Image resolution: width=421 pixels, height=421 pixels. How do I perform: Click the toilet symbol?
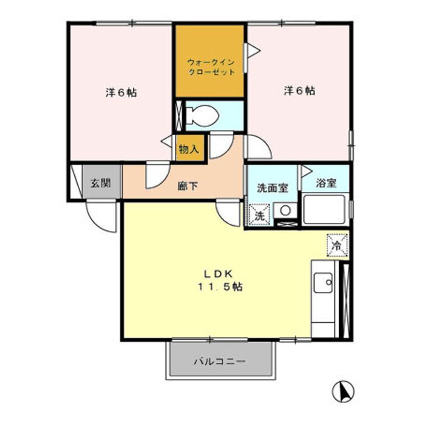coord(202,115)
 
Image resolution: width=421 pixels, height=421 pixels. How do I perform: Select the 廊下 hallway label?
coord(188,187)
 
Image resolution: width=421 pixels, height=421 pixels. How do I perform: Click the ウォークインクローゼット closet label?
coord(210,67)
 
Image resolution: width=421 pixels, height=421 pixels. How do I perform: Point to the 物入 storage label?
coord(188,149)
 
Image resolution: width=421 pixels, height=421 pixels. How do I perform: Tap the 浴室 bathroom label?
coord(326,182)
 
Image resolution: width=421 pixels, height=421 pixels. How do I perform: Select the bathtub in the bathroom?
coord(325,209)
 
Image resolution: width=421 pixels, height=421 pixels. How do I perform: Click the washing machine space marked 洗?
coord(260,214)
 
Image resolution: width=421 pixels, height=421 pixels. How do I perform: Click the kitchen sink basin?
coord(323,284)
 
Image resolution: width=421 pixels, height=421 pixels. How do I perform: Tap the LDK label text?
coord(219,274)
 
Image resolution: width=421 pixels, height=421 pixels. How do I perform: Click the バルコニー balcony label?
coord(220,361)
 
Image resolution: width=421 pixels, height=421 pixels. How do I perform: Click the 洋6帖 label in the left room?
coord(122,92)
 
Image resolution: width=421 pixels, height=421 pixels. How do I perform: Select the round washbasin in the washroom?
coord(285,210)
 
